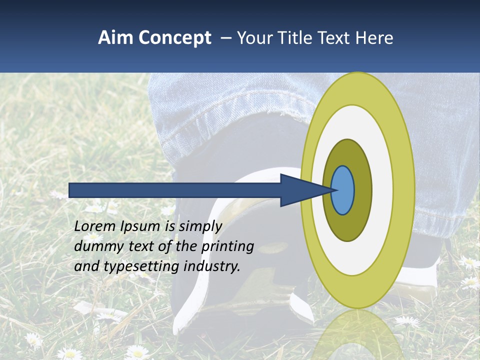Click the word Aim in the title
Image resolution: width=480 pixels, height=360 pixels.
[115, 38]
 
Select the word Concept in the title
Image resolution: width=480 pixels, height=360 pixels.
[174, 38]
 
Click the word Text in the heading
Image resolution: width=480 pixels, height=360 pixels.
[335, 38]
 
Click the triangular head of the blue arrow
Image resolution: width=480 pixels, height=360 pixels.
[300, 190]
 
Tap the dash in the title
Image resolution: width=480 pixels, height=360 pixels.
[225, 38]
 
